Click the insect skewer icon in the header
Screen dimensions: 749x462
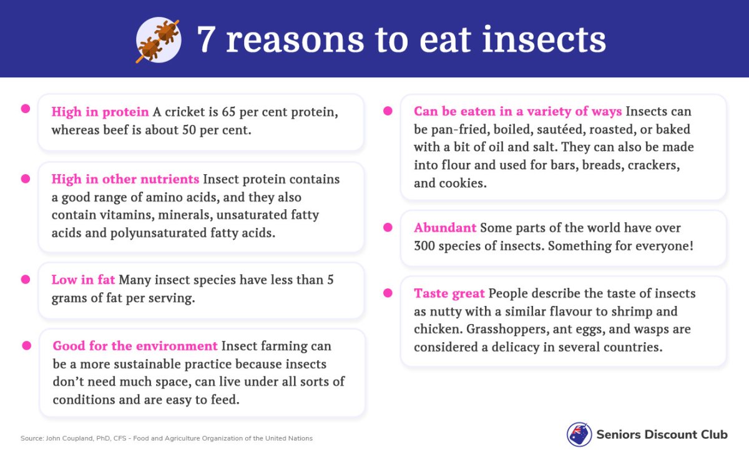pos(158,41)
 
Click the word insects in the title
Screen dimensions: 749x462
pos(544,40)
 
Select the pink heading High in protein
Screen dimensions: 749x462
pos(100,112)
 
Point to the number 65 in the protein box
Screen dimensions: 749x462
pos(228,112)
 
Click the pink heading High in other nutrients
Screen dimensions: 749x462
pos(125,179)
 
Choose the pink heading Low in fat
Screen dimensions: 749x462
pos(83,280)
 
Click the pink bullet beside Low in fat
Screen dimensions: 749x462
pos(26,279)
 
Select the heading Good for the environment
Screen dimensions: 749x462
pos(135,346)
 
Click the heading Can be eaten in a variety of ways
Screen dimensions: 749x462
pos(518,111)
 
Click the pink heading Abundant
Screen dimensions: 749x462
pos(445,228)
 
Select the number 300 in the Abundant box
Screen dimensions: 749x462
pos(424,246)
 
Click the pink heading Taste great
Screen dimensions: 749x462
pos(449,293)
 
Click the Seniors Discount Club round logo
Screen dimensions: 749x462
pos(579,435)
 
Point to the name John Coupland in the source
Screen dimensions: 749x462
pos(69,438)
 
